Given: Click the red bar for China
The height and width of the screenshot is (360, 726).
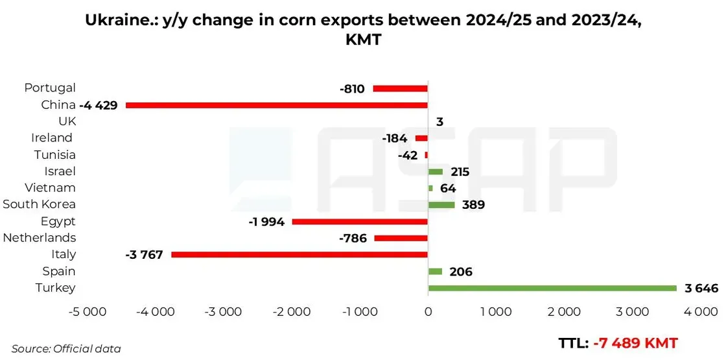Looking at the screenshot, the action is tap(277, 105).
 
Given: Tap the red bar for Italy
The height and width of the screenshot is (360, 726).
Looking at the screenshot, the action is tap(299, 255).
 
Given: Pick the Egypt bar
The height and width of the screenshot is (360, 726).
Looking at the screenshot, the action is tap(360, 221).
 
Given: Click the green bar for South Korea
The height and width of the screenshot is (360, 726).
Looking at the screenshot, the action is tap(441, 205).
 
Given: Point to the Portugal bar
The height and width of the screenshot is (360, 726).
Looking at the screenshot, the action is tap(401, 88).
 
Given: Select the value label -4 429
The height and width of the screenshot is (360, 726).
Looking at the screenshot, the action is tap(99, 105).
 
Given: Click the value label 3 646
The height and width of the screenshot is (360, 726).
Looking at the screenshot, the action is tap(701, 288).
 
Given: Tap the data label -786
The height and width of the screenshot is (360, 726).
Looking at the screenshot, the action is tap(353, 238).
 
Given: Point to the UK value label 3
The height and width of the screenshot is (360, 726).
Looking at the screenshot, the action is tap(440, 122).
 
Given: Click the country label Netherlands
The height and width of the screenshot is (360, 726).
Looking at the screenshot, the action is tap(40, 237).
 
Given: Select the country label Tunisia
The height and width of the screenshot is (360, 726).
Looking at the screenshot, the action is tap(54, 154).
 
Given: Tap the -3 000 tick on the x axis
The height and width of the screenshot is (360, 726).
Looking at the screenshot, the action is tap(224, 312).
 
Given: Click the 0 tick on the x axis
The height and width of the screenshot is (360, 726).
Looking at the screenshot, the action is tap(428, 312).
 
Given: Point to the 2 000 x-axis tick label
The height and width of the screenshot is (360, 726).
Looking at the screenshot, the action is tap(563, 312).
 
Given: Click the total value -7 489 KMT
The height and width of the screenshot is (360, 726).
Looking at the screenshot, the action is tap(635, 343).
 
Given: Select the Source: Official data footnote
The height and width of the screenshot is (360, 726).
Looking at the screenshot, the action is tap(66, 348).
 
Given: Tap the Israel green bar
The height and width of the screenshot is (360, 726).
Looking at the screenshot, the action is tap(435, 171).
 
